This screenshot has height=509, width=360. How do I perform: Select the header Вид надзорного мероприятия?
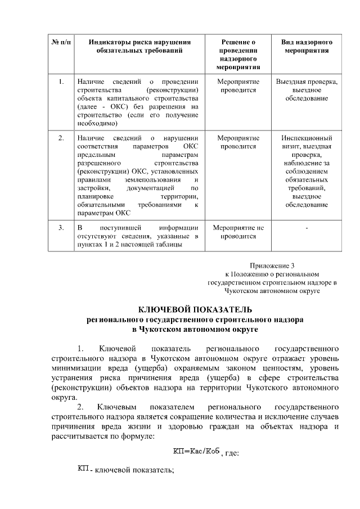tap(307, 46)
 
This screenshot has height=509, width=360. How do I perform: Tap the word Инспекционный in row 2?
tap(307, 138)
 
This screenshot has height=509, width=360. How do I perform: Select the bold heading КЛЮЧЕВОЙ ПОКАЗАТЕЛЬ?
tap(195, 309)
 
